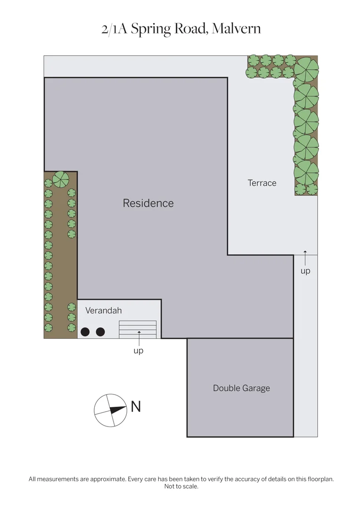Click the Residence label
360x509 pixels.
tap(148, 203)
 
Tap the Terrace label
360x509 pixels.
tap(262, 183)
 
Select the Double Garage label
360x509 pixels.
tap(241, 388)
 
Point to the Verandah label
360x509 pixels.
tap(104, 311)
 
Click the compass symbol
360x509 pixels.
tap(110, 410)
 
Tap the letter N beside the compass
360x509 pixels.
tap(136, 406)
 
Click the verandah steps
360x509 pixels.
tap(138, 329)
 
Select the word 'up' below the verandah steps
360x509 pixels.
tap(138, 351)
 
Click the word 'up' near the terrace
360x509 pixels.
tap(305, 271)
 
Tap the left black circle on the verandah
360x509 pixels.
tap(85, 332)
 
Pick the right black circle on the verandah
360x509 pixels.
tap(100, 332)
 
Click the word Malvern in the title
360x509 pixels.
tap(236, 29)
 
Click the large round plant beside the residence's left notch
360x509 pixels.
tap(61, 179)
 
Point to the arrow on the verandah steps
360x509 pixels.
tap(139, 335)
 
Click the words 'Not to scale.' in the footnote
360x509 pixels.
tap(181, 486)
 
